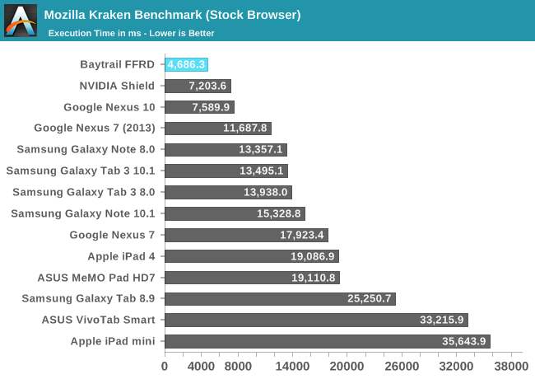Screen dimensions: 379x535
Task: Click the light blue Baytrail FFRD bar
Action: (x=186, y=64)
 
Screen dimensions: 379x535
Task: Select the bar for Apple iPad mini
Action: (x=327, y=341)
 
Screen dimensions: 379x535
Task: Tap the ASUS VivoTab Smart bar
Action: (x=316, y=320)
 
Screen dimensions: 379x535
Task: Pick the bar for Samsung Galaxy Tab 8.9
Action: (x=280, y=298)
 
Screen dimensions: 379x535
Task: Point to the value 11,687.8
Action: (x=245, y=129)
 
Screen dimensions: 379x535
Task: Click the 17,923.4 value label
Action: (x=302, y=235)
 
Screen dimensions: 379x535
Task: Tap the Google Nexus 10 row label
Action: (x=110, y=107)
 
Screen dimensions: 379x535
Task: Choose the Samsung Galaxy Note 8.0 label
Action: (x=91, y=149)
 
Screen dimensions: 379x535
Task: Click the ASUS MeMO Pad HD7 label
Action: (x=98, y=278)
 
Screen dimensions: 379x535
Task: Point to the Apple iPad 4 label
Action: (x=119, y=256)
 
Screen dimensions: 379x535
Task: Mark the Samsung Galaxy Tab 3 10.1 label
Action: (x=86, y=171)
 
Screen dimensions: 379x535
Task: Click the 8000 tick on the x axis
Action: (x=237, y=366)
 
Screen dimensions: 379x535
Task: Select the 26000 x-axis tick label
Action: (x=401, y=366)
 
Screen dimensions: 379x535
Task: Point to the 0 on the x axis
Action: (x=165, y=366)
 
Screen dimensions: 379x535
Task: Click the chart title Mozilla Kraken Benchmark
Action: (x=172, y=15)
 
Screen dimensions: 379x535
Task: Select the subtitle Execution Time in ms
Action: (x=131, y=34)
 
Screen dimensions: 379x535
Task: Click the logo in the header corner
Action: (x=21, y=21)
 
